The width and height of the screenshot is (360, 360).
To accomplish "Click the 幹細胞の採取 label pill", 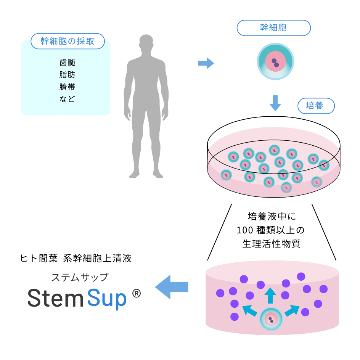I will (x=67, y=41).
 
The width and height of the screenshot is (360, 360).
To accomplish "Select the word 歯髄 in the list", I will (x=67, y=63).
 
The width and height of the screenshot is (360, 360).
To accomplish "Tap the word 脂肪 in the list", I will (x=67, y=75).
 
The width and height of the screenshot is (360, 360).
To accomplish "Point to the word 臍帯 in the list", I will (x=67, y=87).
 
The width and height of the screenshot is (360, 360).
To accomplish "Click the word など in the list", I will (x=67, y=99).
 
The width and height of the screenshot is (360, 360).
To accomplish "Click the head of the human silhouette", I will (x=146, y=44).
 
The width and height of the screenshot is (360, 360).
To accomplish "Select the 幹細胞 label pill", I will (x=273, y=28).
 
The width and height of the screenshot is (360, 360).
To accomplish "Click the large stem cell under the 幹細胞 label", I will (x=275, y=61).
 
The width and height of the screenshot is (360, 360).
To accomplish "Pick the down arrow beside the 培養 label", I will (x=275, y=102).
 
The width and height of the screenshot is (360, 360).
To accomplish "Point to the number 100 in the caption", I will (x=243, y=230).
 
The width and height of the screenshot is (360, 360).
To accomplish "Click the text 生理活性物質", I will (x=272, y=244).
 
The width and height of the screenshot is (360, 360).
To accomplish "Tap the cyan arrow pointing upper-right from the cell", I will (x=292, y=310).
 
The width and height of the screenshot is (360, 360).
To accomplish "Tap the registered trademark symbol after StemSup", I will (x=136, y=293).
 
